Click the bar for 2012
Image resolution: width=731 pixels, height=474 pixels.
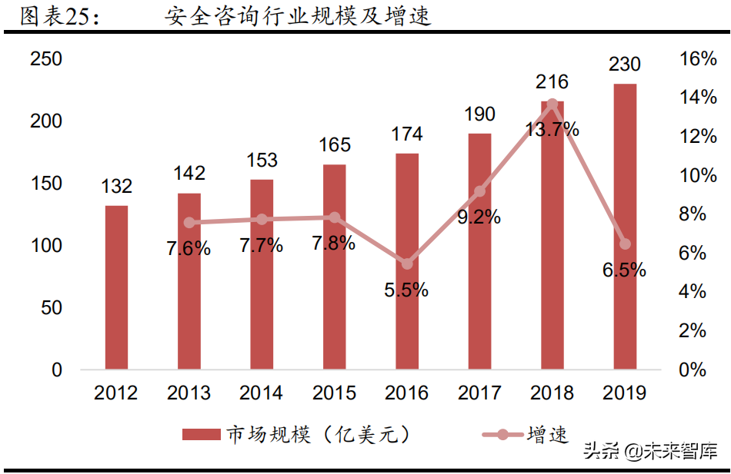point(116,287)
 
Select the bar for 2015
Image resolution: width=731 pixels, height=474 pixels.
point(335,267)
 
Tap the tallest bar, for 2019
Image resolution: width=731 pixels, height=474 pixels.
point(625,227)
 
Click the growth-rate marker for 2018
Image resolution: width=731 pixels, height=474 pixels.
point(552,104)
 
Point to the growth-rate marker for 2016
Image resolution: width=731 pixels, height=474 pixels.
point(407,264)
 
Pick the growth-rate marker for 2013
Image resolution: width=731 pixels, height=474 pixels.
point(189,223)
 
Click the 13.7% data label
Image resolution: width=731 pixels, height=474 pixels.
point(551,129)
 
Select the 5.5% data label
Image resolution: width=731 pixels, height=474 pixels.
point(407,290)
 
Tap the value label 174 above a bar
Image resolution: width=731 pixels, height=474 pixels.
point(406,134)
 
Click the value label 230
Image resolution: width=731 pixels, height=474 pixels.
point(625,65)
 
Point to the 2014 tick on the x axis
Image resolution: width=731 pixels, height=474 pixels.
point(261,393)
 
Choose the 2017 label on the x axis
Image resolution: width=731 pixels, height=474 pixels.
point(479,393)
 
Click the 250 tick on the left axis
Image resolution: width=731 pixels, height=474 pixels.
point(46,59)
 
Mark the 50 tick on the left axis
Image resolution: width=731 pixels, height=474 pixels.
point(52,308)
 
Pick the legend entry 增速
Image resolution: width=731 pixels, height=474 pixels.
point(526,435)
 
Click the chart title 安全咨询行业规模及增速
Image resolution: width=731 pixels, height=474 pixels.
point(298,17)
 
